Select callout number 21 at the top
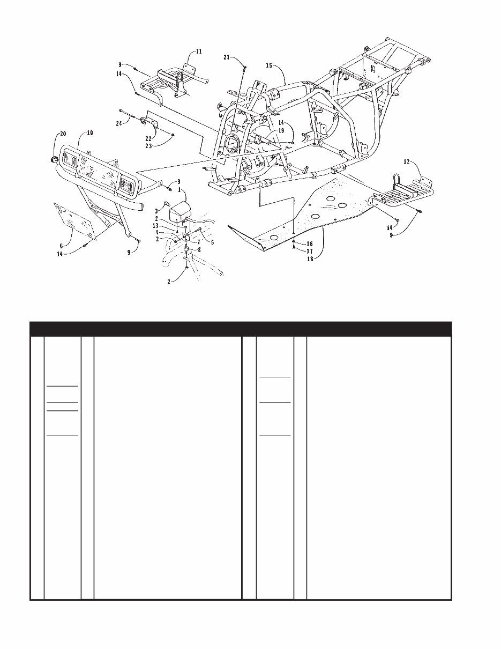[x=227, y=57]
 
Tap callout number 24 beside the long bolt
[x=119, y=123]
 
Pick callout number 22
[x=148, y=138]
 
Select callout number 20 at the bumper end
[x=63, y=133]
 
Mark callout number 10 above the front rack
[x=89, y=132]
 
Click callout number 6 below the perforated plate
[x=61, y=245]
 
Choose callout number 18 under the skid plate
[x=310, y=258]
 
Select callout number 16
[x=310, y=244]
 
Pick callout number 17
[x=310, y=250]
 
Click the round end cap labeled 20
[x=55, y=160]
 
